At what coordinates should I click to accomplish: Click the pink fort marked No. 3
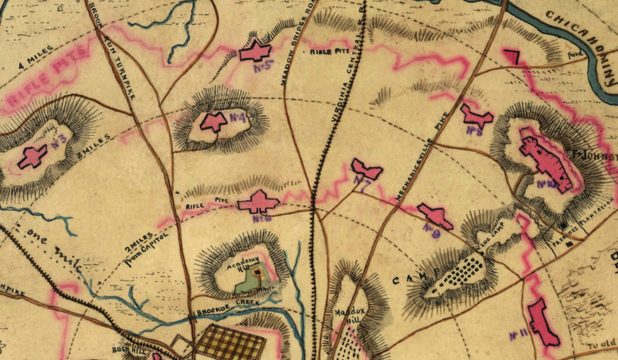click(32, 157)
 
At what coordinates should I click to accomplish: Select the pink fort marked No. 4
click(212, 121)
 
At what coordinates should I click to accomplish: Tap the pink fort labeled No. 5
click(254, 53)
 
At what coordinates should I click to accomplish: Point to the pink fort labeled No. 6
click(257, 202)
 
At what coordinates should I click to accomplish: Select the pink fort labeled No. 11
click(543, 321)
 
